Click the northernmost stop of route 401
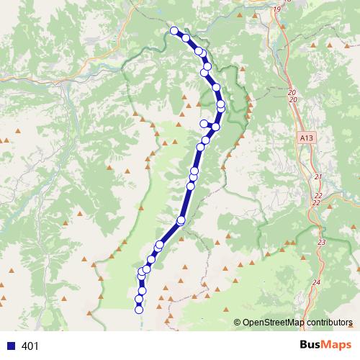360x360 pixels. point(174,30)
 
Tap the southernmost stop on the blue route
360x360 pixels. point(139,310)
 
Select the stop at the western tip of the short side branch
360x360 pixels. point(204,123)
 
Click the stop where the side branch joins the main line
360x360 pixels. point(215,127)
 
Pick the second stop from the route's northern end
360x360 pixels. point(186,37)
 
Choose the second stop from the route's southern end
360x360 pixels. point(139,299)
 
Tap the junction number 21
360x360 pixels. point(318,176)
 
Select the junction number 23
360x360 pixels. point(321,243)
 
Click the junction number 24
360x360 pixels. point(317,282)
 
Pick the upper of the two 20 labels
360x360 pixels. point(292,92)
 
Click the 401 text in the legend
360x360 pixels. point(30,346)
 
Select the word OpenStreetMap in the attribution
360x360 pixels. point(273,323)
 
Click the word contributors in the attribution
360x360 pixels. point(328,323)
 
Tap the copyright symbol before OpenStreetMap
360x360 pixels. point(238,323)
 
